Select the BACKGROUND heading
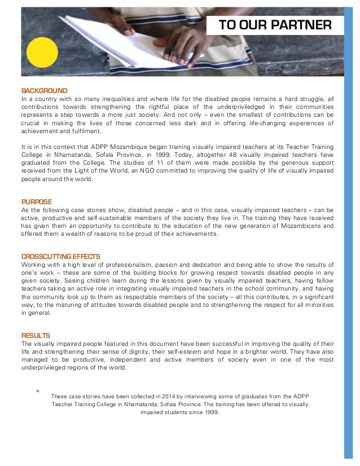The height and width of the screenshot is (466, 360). coord(44,91)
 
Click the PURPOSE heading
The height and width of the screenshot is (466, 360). coord(36,201)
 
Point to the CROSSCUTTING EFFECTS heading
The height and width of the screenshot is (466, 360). coord(60,257)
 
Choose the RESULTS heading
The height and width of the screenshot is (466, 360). coord(36,335)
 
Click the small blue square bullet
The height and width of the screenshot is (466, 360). coord(37,390)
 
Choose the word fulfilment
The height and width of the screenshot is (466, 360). coord(85,131)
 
